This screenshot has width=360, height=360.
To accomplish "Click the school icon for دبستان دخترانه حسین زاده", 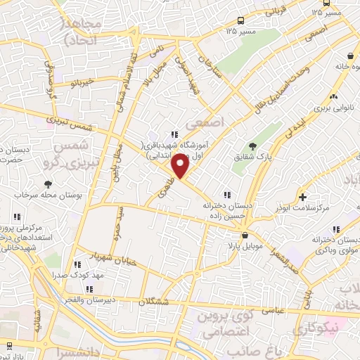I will pos(226,195).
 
